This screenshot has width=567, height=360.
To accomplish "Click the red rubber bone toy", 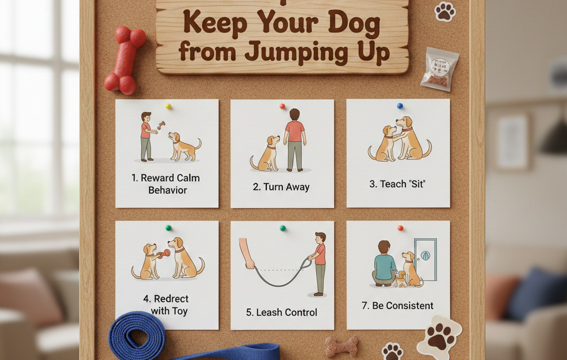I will [125, 60].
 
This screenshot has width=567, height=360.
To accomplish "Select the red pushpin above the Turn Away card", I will [282, 106].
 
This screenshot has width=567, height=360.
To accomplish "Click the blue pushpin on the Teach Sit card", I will [400, 106].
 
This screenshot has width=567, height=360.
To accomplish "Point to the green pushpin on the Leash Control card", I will [282, 228].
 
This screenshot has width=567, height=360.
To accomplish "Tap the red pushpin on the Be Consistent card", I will [400, 228].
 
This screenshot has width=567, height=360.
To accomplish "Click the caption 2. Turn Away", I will [281, 187].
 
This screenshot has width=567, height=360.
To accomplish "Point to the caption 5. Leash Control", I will [281, 312].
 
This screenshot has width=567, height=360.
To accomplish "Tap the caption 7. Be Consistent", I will [398, 305].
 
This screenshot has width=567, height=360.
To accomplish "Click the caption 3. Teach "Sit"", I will [398, 184].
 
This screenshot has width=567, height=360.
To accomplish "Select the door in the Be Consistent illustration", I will [425, 259].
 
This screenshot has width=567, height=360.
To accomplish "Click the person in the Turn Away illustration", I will [295, 140].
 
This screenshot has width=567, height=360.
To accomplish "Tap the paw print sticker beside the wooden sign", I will [445, 11].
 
